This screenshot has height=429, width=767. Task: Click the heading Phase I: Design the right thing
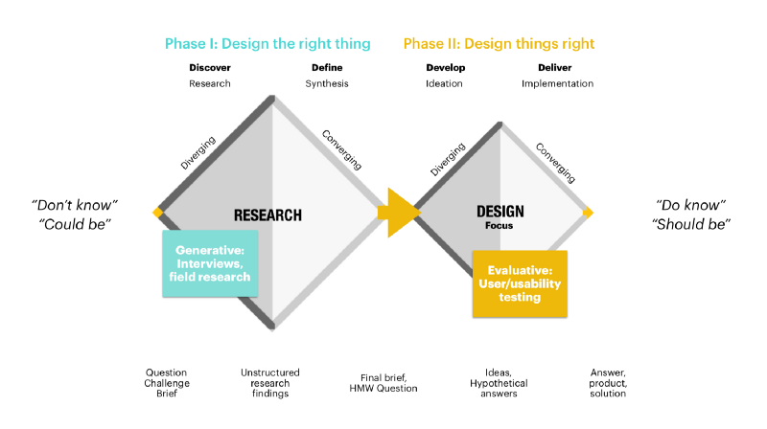(267, 43)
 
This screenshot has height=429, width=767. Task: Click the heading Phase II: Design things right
(499, 43)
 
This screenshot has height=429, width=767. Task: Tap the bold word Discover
(210, 68)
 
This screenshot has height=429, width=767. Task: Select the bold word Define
(327, 68)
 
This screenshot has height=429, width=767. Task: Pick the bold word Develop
(444, 68)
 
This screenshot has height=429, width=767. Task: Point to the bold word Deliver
(555, 68)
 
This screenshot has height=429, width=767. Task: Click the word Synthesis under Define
(327, 83)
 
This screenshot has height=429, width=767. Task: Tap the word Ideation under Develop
(444, 83)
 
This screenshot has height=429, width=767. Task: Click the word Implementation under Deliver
(557, 83)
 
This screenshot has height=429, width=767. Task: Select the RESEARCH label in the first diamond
(267, 215)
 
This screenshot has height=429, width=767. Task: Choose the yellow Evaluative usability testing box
(520, 283)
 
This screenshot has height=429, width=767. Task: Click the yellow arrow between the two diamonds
(401, 213)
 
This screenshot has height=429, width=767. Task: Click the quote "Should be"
(690, 223)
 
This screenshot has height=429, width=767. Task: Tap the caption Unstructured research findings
(269, 382)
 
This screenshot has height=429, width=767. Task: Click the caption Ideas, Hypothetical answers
(500, 382)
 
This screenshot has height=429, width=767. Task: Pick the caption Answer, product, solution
(607, 382)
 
